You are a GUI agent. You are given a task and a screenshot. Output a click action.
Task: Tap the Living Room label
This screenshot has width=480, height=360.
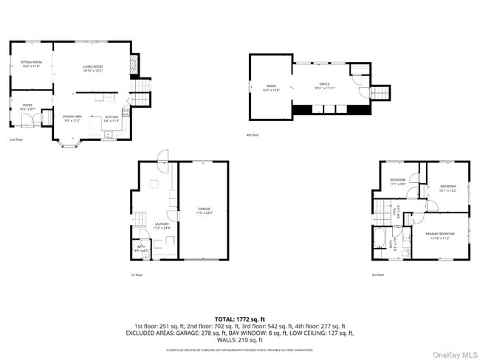(92, 67)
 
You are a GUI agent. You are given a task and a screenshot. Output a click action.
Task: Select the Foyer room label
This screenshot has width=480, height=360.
(27, 107)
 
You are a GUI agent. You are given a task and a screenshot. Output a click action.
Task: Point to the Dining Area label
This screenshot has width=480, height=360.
(72, 118)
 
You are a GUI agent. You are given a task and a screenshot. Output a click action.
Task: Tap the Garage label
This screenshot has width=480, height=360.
(204, 210)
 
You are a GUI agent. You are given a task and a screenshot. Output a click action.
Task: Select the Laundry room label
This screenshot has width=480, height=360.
(162, 225)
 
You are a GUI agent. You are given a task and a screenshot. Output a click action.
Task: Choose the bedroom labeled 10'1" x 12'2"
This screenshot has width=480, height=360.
(448, 188)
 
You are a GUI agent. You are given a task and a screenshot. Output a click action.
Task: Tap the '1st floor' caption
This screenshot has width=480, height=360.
(136, 274)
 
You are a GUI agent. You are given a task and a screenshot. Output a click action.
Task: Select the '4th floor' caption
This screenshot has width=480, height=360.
(253, 134)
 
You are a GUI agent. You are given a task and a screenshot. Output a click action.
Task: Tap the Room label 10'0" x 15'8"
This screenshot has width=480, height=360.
(271, 88)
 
